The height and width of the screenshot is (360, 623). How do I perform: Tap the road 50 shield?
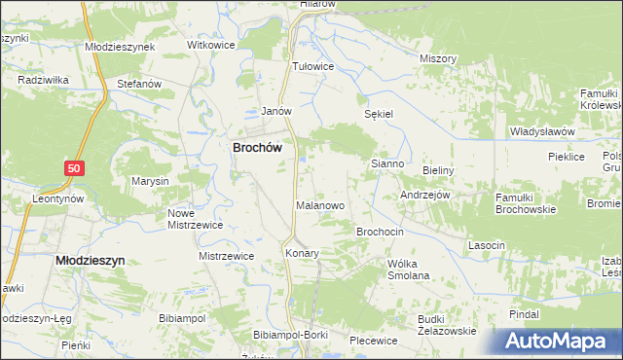coord(75,169)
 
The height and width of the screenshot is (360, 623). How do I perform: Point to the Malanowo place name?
coord(320,206)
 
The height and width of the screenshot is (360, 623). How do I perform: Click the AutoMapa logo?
coord(558,342)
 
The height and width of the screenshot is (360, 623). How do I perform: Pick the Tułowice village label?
coord(313,66)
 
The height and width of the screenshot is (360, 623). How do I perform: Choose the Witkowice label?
coord(212,46)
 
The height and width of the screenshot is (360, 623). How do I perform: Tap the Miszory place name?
coord(438,58)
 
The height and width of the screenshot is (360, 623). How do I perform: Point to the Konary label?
coord(302,253)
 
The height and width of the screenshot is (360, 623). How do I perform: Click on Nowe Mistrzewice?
coord(195,219)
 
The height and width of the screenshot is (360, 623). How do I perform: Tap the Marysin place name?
coord(151,182)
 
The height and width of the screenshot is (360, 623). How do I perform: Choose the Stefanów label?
coord(138,85)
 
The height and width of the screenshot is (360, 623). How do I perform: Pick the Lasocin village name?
coord(487,245)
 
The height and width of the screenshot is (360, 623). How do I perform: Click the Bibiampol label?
coord(185,318)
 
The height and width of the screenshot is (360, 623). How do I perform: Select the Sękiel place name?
coord(378,114)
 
